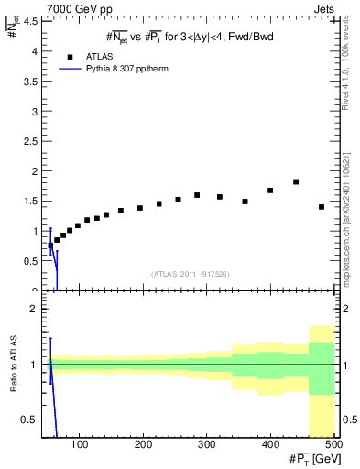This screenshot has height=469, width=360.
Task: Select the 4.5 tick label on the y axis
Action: (x=30, y=23)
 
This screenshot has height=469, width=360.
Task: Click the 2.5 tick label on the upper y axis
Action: (x=30, y=141)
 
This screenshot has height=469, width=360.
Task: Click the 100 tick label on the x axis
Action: (x=80, y=444)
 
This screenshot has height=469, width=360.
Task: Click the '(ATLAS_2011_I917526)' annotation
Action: (x=191, y=274)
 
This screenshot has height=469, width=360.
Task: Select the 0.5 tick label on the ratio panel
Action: (x=29, y=420)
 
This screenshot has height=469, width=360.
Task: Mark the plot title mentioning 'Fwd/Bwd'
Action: (x=191, y=36)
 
